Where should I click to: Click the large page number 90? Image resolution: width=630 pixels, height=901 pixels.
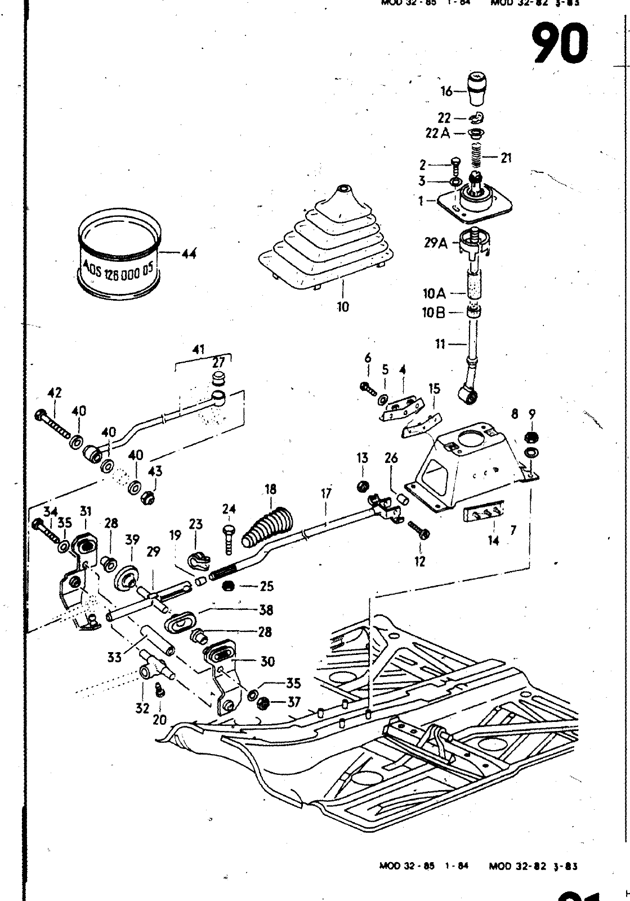(x=561, y=44)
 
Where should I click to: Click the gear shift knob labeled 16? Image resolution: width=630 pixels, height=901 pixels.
(x=477, y=89)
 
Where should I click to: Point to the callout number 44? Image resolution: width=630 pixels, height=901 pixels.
(x=189, y=254)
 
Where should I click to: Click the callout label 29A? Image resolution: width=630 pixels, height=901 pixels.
(x=436, y=243)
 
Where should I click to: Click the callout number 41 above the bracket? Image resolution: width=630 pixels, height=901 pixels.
(x=198, y=349)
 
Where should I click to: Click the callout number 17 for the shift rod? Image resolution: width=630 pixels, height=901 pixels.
(x=327, y=493)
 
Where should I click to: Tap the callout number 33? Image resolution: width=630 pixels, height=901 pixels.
(x=115, y=657)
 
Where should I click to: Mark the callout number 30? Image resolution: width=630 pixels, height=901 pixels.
(x=267, y=661)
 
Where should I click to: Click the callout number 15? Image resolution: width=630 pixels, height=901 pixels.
(x=434, y=389)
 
